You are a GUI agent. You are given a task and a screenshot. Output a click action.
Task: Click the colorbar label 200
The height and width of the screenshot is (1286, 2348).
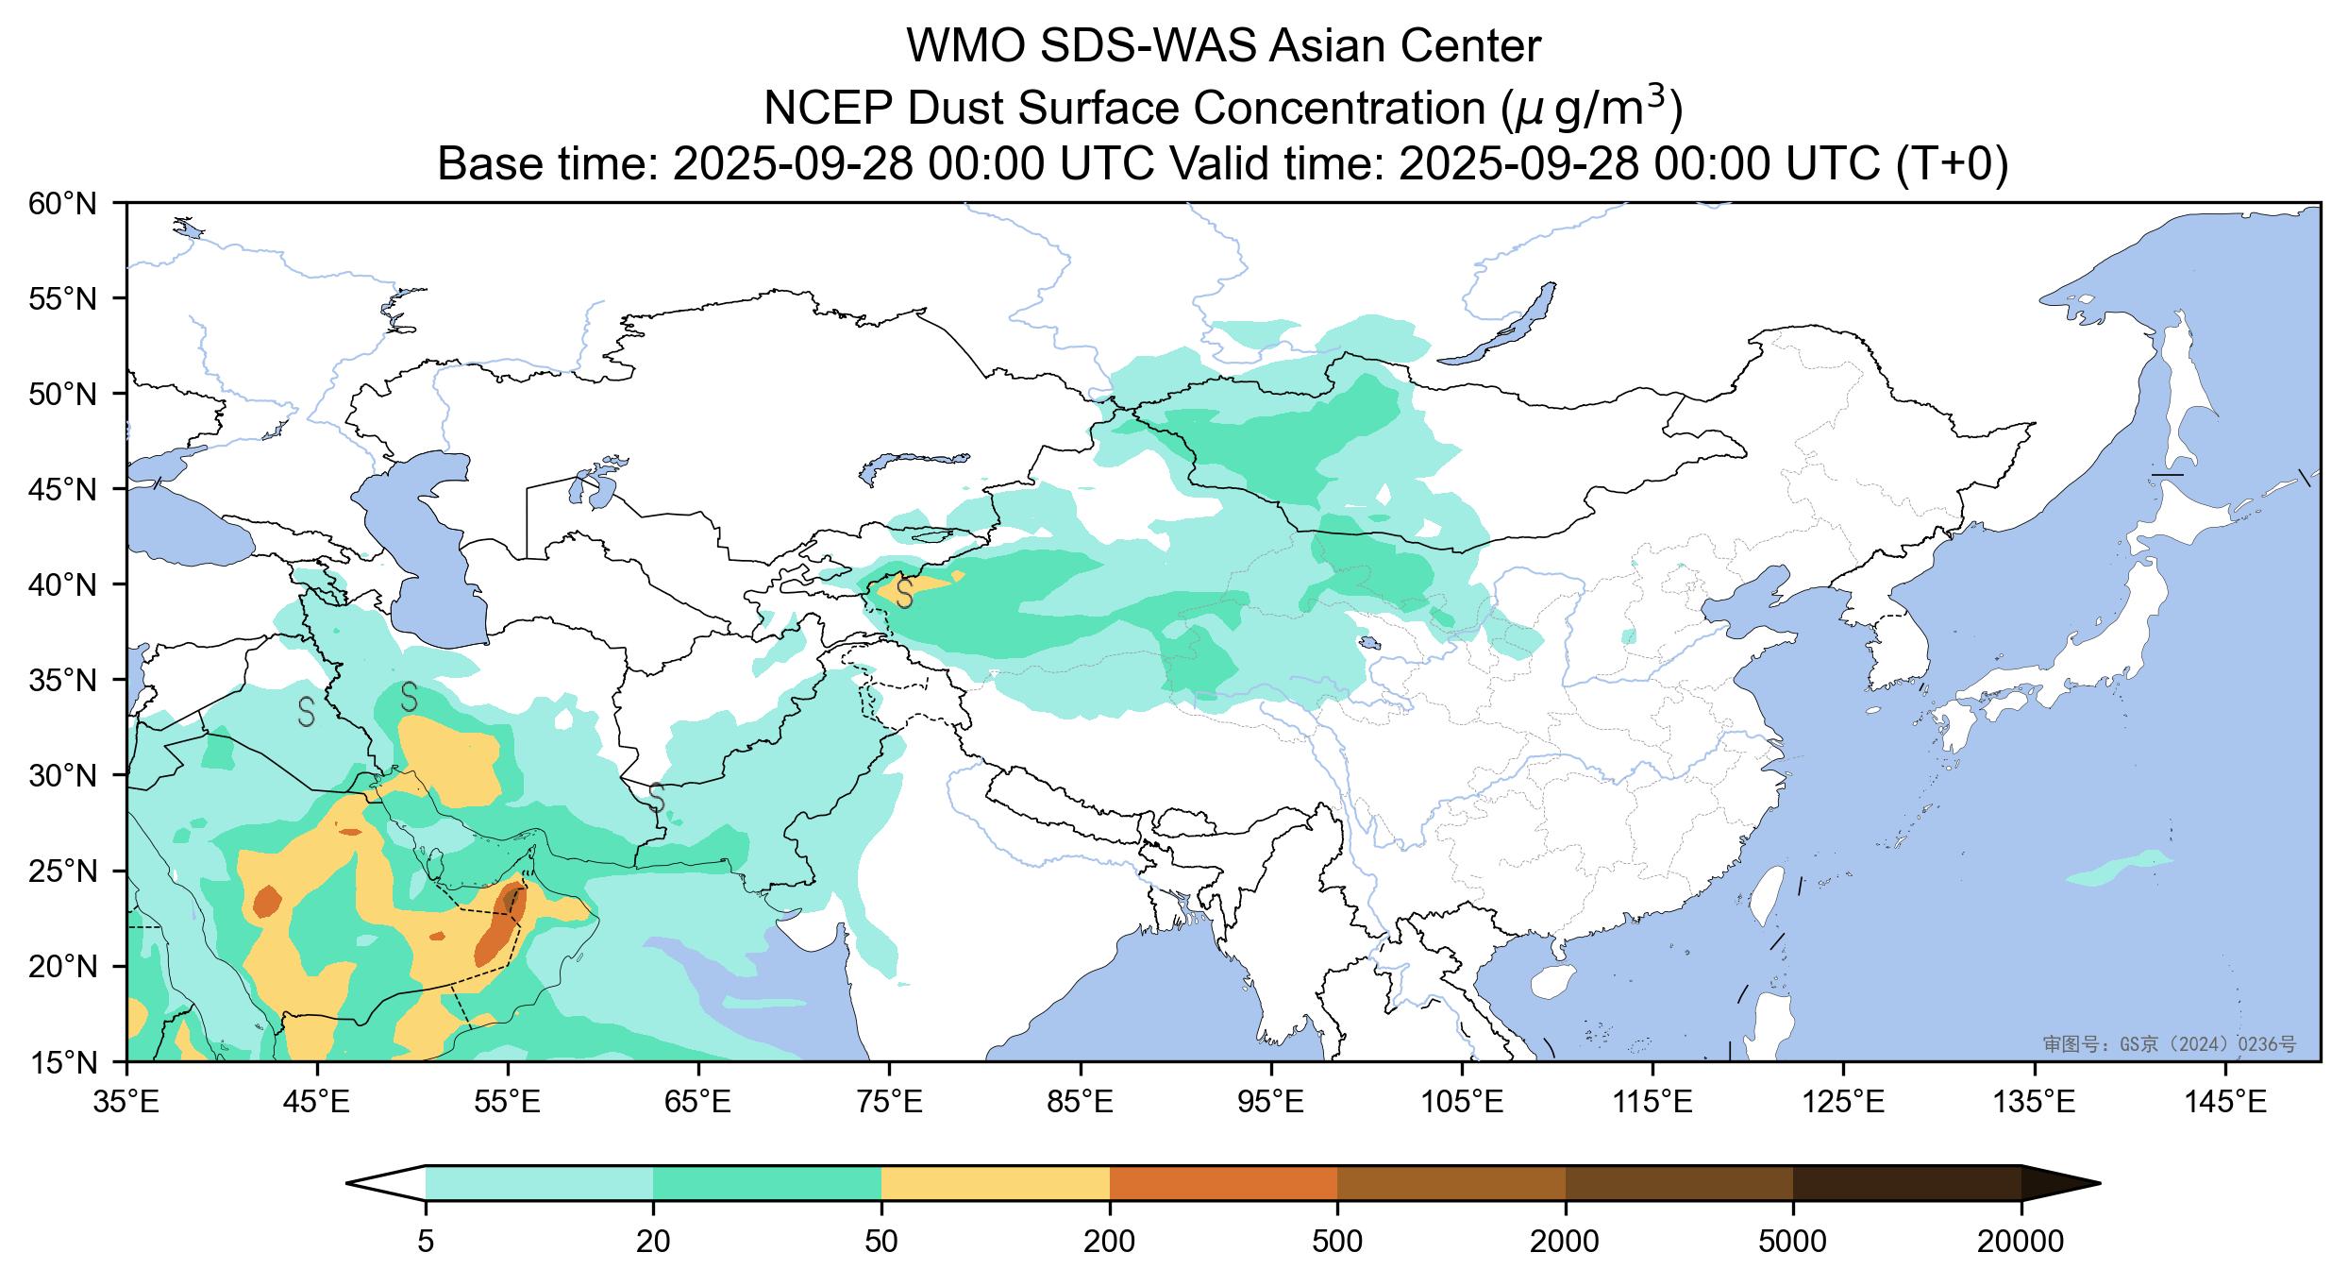[1109, 1242]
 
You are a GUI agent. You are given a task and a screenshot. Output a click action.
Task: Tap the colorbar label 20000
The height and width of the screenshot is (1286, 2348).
[2021, 1242]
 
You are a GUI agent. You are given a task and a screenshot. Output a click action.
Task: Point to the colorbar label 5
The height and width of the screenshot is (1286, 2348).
[426, 1242]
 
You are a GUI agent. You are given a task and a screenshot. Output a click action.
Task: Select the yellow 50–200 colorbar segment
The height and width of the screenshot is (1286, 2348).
[995, 1183]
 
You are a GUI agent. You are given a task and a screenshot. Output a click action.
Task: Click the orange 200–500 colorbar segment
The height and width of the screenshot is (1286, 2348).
[1223, 1183]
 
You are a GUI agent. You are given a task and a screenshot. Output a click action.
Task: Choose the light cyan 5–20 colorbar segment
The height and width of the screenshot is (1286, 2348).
[539, 1183]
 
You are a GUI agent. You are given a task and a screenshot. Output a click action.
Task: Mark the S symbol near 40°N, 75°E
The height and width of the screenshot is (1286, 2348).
[904, 594]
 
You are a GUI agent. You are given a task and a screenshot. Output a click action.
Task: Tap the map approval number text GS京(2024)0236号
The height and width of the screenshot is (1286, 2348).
[2169, 1043]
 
